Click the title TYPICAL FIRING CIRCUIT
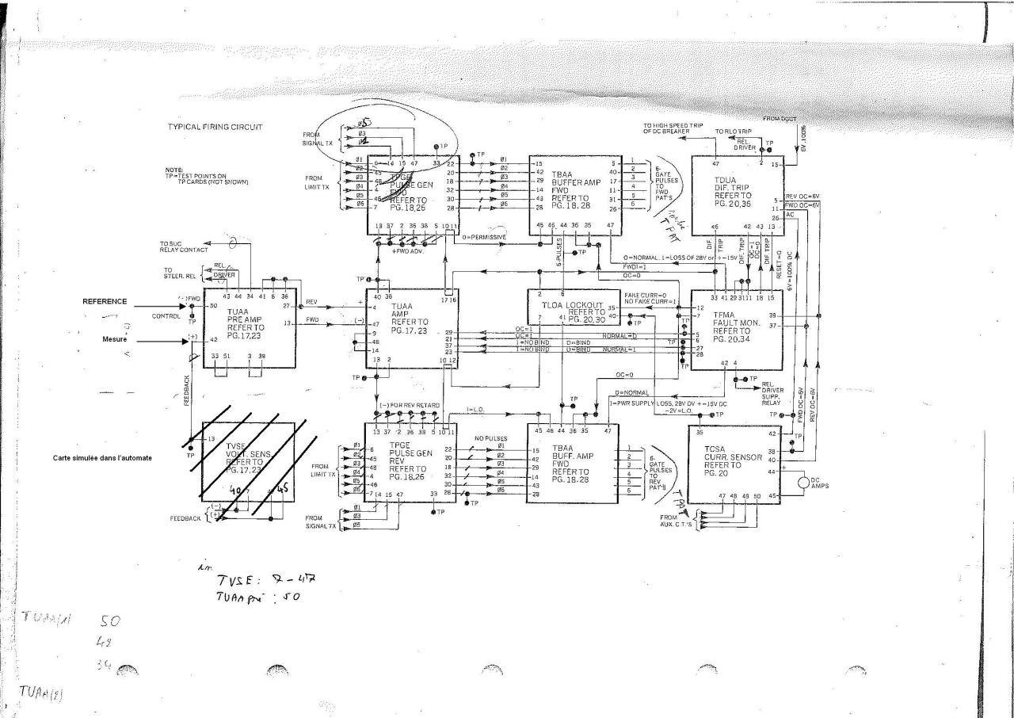click(215, 127)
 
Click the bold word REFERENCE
click(105, 301)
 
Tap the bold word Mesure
click(115, 340)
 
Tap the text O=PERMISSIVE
click(482, 237)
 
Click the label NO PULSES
click(490, 437)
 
